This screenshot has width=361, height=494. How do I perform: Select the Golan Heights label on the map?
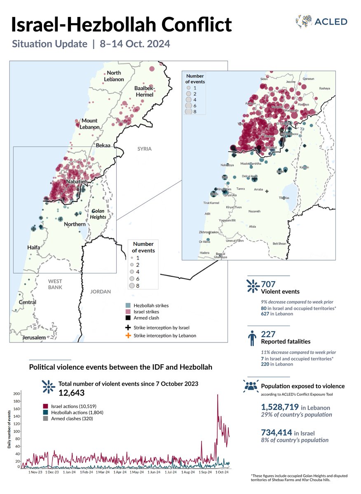click(98, 214)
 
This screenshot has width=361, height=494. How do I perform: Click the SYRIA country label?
click(145, 149)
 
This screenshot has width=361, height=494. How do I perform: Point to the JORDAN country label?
click(101, 291)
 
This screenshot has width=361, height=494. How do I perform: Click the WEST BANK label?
click(55, 284)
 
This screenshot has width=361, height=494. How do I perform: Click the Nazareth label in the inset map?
click(255, 211)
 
